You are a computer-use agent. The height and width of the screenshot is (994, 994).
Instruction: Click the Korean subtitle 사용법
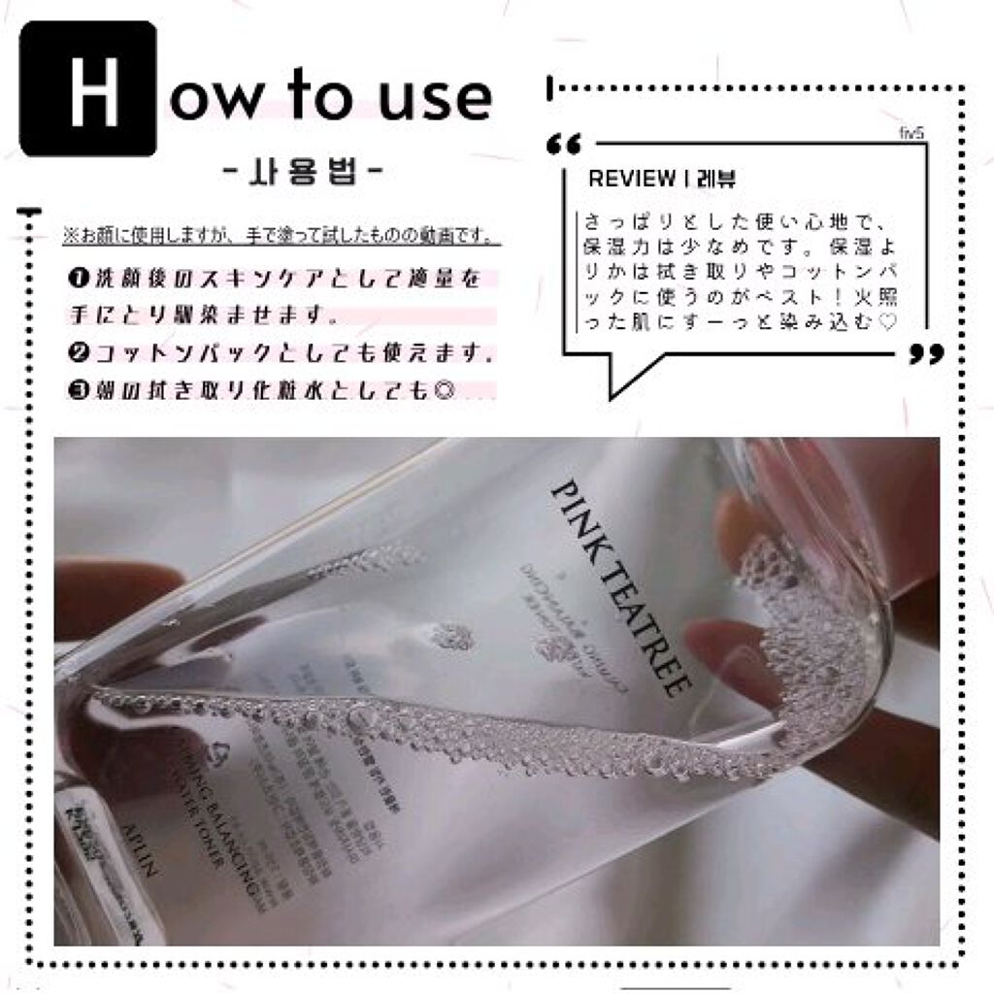click(302, 178)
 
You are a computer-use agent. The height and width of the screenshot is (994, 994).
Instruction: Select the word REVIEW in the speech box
click(632, 180)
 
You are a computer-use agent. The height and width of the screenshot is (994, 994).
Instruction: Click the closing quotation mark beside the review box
click(926, 354)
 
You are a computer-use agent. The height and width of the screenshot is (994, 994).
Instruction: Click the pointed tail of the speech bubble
click(614, 388)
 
